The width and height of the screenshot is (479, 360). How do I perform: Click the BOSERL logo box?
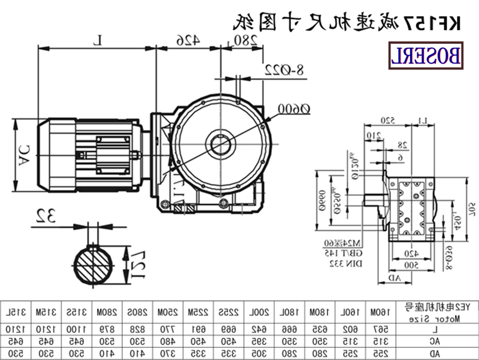pos(426,55)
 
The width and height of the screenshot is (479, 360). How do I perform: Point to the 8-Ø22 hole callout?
pos(284,70)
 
